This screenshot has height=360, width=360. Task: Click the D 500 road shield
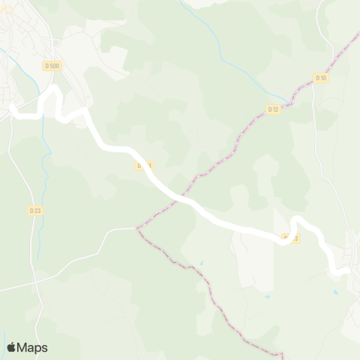(x=52, y=66)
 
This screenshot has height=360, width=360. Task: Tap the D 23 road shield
(x=34, y=211)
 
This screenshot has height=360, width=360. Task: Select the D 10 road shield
(x=320, y=78)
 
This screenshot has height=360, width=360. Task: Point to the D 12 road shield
(x=273, y=109)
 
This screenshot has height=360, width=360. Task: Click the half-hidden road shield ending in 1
(x=144, y=165)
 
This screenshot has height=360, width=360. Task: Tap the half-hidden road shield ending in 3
(x=291, y=238)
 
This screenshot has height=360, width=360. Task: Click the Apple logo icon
(x=11, y=347)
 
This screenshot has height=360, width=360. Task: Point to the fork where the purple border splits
(x=137, y=227)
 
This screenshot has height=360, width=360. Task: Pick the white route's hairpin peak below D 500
(x=54, y=88)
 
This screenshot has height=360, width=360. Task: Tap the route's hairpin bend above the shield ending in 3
(x=297, y=220)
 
